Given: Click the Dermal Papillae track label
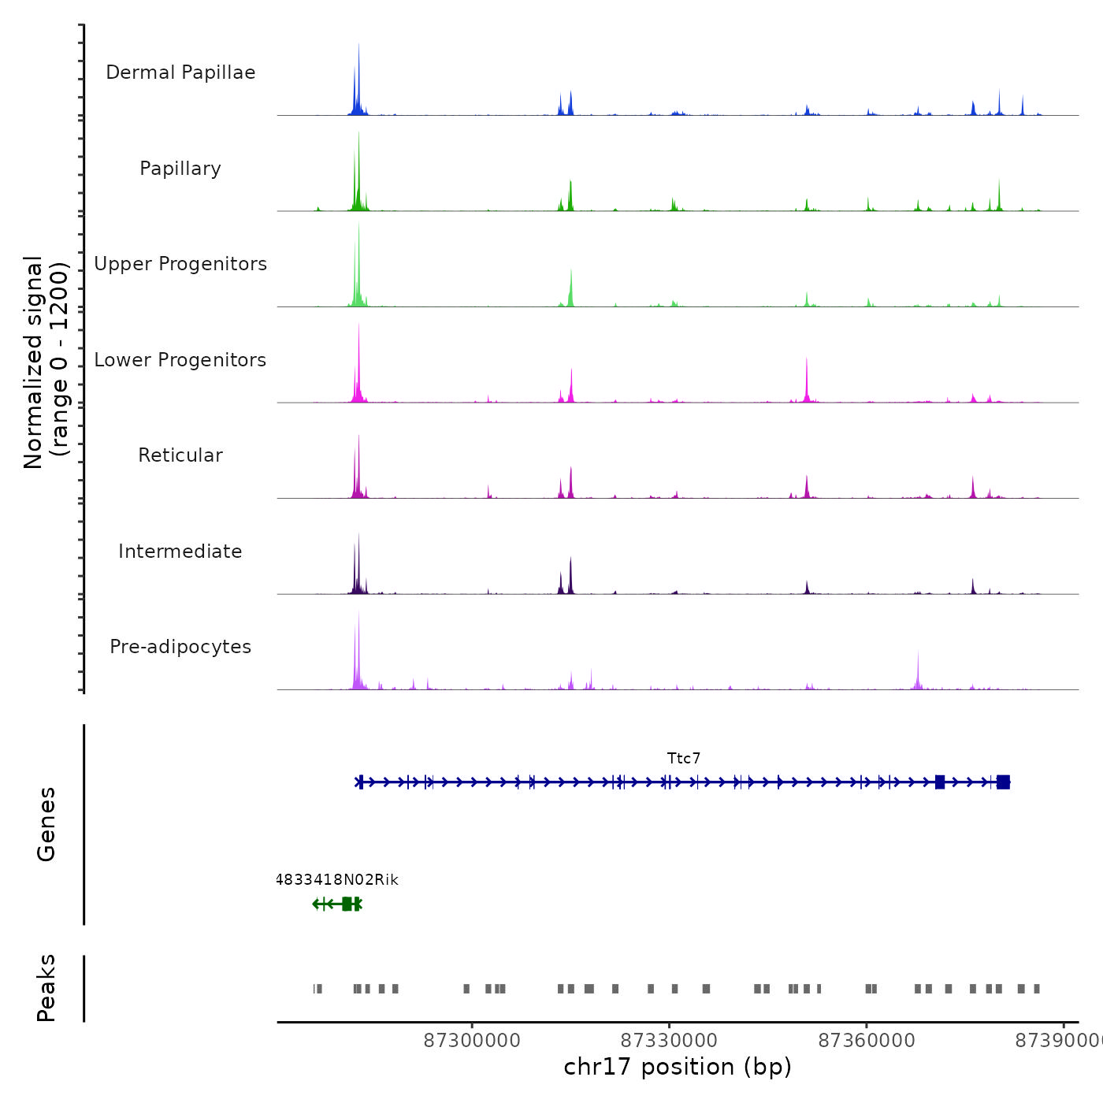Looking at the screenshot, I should click(180, 72).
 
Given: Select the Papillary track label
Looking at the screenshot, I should click(180, 169).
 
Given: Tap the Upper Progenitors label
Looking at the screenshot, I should click(180, 264).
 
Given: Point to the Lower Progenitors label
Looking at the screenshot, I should click(180, 360).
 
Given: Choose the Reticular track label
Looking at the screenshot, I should click(180, 455).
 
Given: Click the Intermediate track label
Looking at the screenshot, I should click(180, 551).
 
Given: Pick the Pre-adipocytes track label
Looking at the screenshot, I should click(180, 647).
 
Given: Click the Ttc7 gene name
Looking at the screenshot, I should click(683, 759).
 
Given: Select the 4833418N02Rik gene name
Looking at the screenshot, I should click(337, 880).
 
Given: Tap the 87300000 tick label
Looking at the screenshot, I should click(472, 1041).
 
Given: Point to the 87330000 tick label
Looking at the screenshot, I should click(669, 1041).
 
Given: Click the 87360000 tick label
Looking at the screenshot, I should click(867, 1041).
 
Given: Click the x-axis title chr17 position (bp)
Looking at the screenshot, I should click(678, 1067).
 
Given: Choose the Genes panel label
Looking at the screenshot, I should click(46, 824).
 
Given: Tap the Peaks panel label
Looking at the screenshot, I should click(46, 988).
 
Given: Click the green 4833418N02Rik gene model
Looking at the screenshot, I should click(339, 904).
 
